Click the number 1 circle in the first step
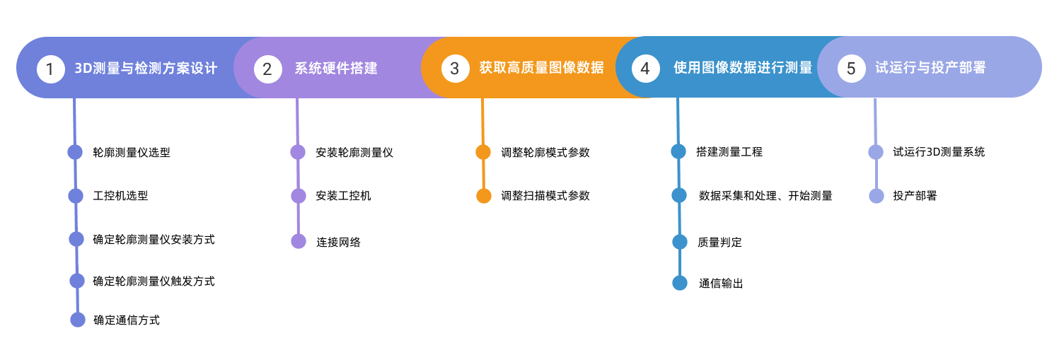tap(50, 69)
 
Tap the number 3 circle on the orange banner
tap(455, 69)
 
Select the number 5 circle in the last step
tap(851, 69)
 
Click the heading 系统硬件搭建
tap(336, 69)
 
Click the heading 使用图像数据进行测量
tap(743, 68)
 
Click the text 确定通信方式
tap(127, 320)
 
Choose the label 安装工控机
tap(343, 196)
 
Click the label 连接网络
tap(338, 242)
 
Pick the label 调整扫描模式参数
tap(545, 196)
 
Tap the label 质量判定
tap(719, 242)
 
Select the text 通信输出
tap(721, 284)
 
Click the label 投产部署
tap(915, 196)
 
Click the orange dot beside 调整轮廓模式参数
tap(483, 152)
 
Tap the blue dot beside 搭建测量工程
tap(678, 151)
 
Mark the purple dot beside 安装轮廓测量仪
tap(298, 152)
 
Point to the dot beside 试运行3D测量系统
tap(876, 152)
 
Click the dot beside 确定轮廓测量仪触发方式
tap(77, 281)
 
